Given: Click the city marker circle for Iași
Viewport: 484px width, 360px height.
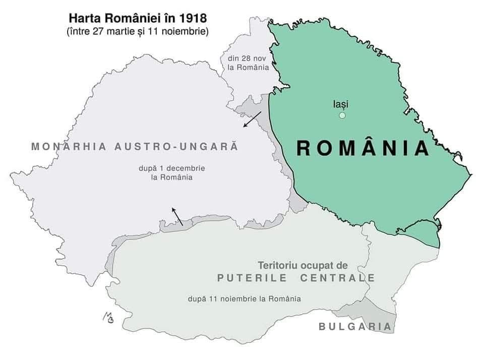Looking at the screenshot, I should coord(342,115).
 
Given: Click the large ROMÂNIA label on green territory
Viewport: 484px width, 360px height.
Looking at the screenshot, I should coord(362,148).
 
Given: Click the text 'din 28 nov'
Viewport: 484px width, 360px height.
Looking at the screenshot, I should coord(245,58).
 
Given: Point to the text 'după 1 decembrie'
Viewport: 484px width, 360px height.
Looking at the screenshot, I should coord(164,168).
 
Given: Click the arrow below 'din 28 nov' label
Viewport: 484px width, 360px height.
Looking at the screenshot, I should coord(252,119).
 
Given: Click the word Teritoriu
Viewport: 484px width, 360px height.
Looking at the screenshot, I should coord(278,265).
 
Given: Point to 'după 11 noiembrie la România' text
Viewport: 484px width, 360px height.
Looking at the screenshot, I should coord(244,298).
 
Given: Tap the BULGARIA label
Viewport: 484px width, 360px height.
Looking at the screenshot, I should coord(355,327).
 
